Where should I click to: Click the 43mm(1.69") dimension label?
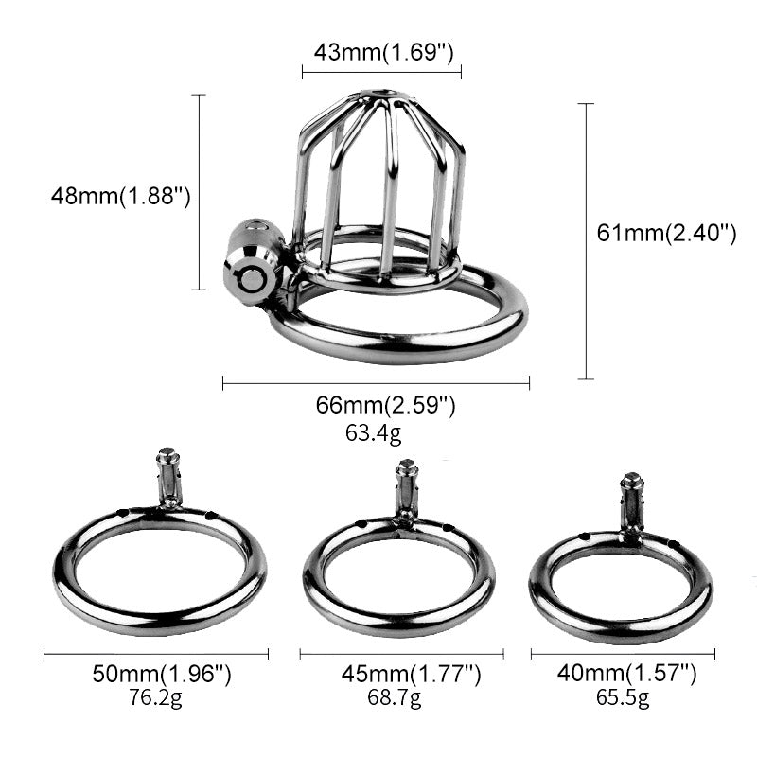tap(382, 52)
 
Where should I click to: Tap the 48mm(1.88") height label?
tap(121, 197)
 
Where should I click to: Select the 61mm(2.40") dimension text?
tap(667, 233)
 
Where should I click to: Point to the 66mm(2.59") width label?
tap(386, 407)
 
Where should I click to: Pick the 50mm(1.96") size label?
tap(161, 675)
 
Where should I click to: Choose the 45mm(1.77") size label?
tap(412, 675)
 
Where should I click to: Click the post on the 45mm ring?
tap(406, 491)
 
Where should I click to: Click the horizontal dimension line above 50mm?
tap(156, 653)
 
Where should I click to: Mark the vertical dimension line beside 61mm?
tap(587, 241)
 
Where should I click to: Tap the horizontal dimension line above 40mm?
tap(623, 653)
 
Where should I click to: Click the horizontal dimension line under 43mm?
tap(381, 71)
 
